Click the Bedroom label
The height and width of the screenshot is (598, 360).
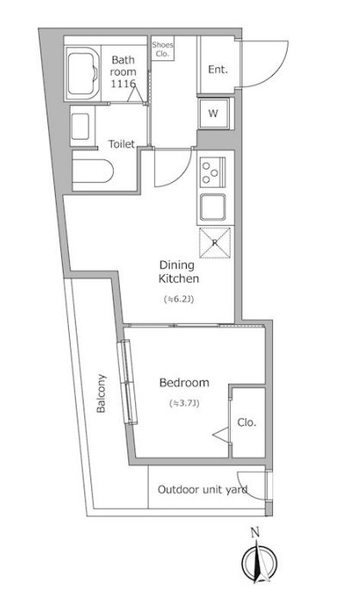pyautogui.click(x=184, y=383)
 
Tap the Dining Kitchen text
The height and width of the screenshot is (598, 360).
pyautogui.click(x=178, y=271)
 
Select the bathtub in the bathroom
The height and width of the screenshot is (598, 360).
pyautogui.click(x=83, y=73)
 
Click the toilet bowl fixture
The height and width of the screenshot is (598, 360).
pyautogui.click(x=93, y=171)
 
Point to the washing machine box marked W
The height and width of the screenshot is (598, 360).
pyautogui.click(x=214, y=113)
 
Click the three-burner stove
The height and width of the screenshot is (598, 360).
pyautogui.click(x=213, y=172)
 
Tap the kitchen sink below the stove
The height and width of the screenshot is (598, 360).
pyautogui.click(x=213, y=208)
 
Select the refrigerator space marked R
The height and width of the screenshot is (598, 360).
pyautogui.click(x=214, y=242)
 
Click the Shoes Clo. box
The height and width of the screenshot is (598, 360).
pyautogui.click(x=163, y=48)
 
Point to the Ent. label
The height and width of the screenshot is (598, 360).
pyautogui.click(x=218, y=70)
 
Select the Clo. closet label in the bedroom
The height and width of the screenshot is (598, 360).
pyautogui.click(x=246, y=422)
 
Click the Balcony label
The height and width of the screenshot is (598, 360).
pyautogui.click(x=101, y=393)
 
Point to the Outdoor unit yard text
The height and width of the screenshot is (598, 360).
pyautogui.click(x=202, y=489)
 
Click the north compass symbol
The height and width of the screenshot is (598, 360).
pyautogui.click(x=259, y=558)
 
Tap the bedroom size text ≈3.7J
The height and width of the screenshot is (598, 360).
pyautogui.click(x=184, y=403)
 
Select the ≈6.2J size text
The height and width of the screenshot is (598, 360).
pyautogui.click(x=179, y=299)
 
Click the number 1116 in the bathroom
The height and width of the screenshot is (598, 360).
pyautogui.click(x=123, y=84)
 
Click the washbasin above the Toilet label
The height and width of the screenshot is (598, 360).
pyautogui.click(x=81, y=126)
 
